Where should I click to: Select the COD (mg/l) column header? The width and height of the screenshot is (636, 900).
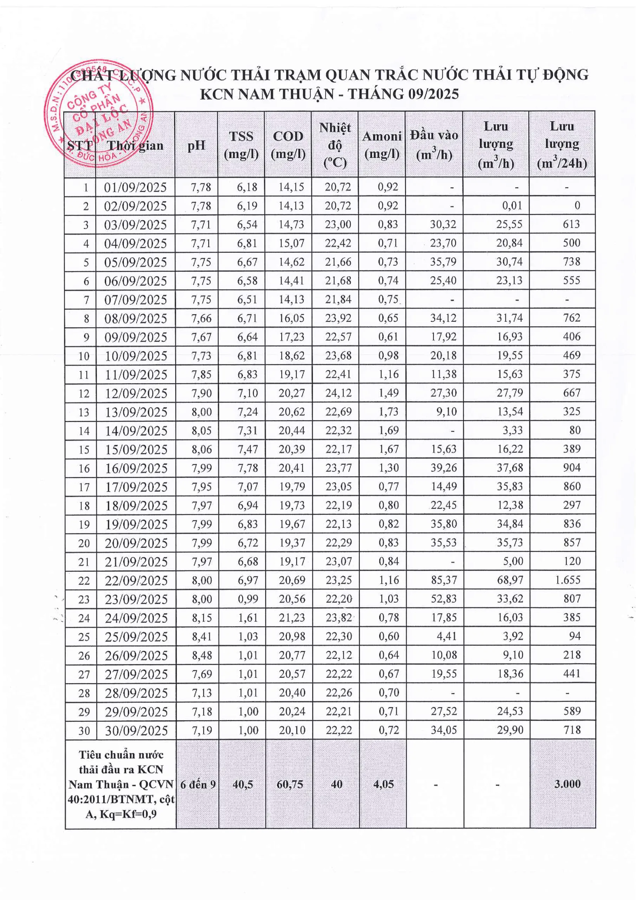tap(288, 144)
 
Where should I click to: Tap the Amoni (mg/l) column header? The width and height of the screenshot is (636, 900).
tap(382, 144)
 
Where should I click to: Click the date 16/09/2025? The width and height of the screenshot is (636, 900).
tap(136, 468)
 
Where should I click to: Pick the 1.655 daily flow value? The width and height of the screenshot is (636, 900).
tap(567, 580)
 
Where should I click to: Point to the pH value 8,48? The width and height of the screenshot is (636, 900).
tap(201, 655)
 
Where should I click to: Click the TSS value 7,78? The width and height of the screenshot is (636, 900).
tap(247, 468)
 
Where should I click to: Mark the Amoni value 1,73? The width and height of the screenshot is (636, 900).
tap(388, 412)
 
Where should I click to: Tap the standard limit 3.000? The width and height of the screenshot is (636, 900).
tap(567, 784)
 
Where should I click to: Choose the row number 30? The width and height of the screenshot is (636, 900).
tap(84, 731)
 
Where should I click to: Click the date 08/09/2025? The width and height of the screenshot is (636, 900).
tap(136, 318)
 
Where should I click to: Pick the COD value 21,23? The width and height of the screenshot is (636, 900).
tap(292, 617)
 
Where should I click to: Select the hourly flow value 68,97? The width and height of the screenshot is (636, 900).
tap(510, 580)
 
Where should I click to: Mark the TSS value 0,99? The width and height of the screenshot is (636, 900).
tap(248, 599)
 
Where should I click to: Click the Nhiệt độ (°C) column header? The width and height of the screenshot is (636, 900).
tap(335, 144)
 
